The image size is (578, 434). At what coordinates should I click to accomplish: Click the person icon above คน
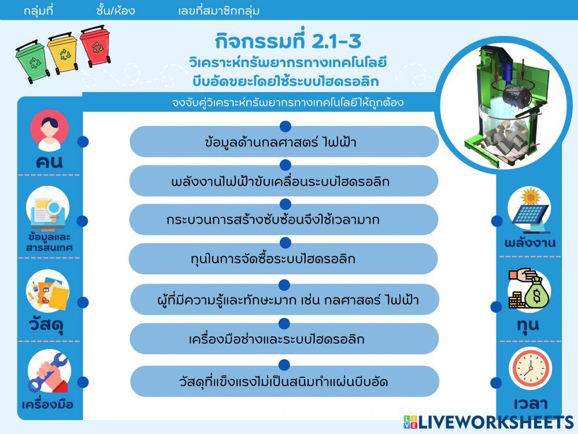click(49, 130)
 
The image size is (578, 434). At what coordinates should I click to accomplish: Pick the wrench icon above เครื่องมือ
click(49, 373)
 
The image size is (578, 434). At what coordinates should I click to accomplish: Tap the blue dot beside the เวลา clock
click(496, 382)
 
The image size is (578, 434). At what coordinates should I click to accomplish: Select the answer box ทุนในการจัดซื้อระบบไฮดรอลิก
click(283, 259)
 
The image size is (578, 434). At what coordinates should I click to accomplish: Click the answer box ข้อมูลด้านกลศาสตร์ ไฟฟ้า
click(284, 142)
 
